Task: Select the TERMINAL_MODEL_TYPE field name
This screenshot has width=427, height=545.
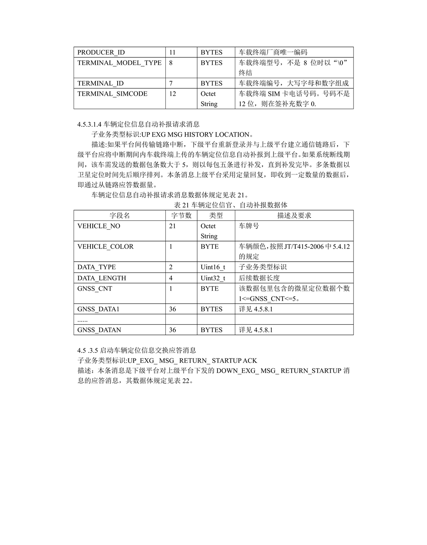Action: [119, 63]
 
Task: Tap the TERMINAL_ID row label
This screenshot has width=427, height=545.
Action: [100, 83]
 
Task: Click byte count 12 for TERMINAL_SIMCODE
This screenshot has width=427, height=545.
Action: [172, 94]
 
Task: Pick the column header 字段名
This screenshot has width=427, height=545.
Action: [119, 215]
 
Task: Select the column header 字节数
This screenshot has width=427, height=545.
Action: [181, 215]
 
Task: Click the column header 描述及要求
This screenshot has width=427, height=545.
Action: [294, 215]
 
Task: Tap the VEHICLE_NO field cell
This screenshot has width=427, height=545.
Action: [99, 226]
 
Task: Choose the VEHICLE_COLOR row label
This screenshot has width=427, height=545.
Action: [105, 246]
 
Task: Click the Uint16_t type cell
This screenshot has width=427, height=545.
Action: [213, 267]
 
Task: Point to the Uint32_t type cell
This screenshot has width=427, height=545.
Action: [213, 277]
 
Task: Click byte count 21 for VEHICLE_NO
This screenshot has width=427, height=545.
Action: [172, 226]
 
